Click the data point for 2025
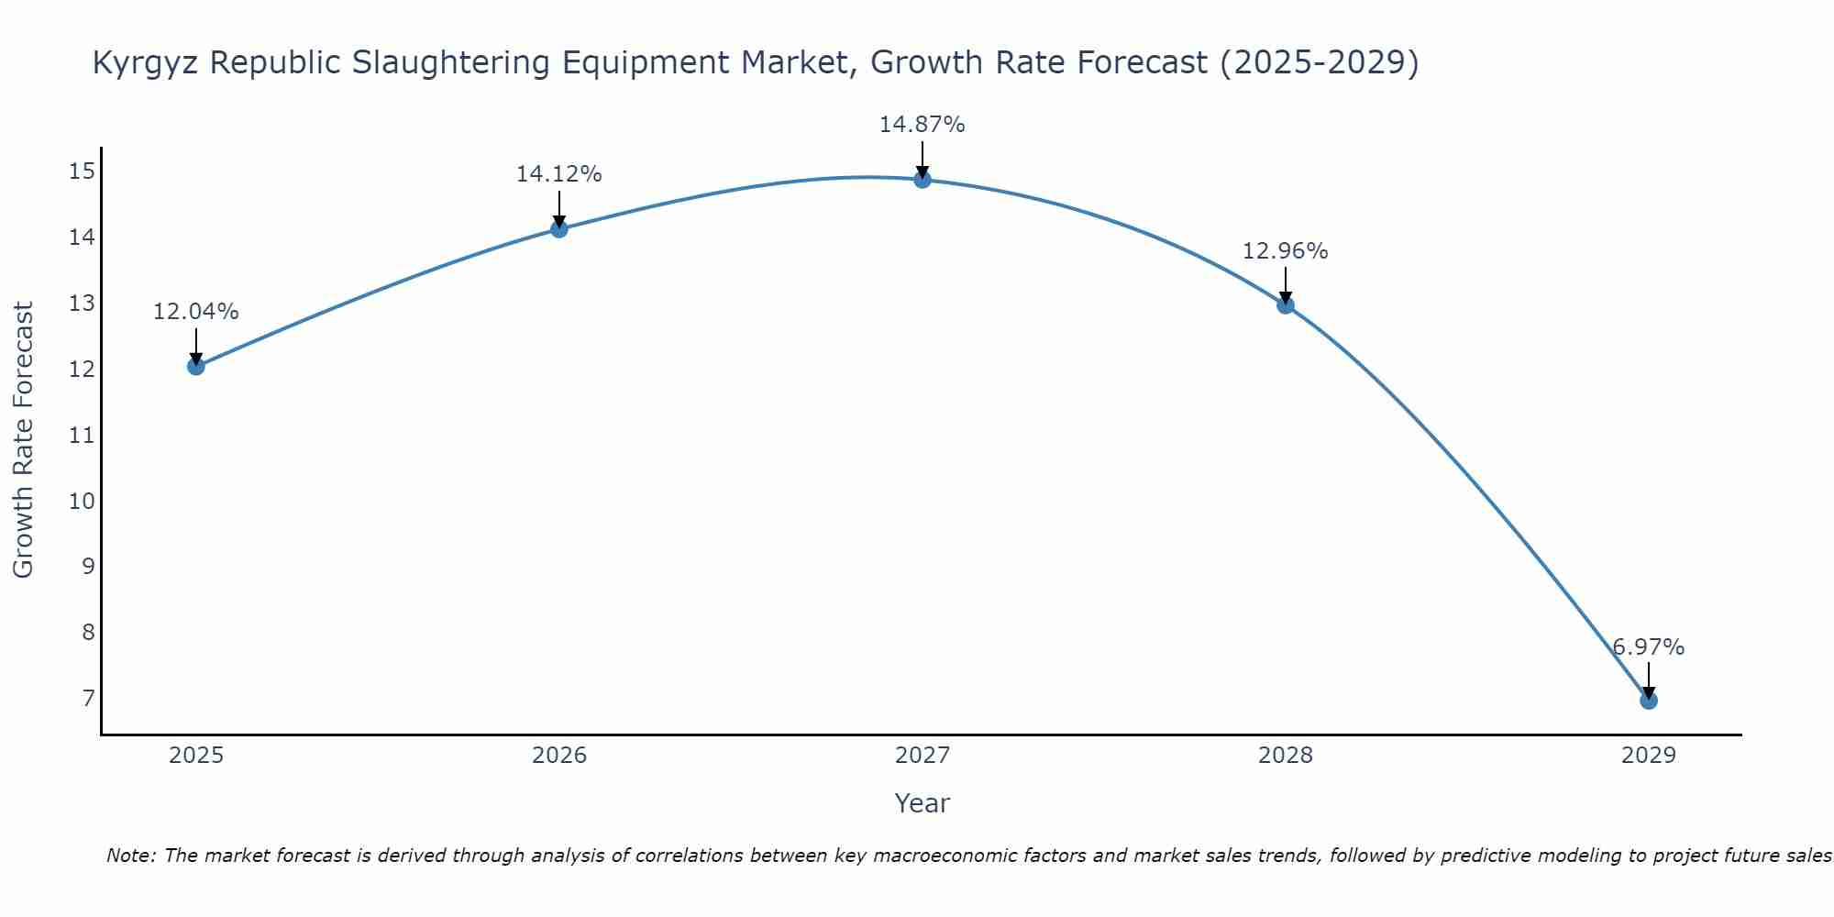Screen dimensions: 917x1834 195,367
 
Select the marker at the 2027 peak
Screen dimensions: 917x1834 923,180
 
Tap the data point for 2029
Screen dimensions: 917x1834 1648,701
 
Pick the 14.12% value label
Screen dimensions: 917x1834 558,174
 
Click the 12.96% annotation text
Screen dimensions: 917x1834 1285,251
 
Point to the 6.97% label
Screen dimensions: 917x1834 1648,647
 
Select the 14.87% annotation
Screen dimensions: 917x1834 922,125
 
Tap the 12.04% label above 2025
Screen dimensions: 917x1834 195,312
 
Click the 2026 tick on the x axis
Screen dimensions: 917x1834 559,756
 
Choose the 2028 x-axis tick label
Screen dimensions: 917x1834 1285,756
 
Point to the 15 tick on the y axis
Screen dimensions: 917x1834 82,171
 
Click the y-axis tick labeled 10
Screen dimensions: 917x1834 82,501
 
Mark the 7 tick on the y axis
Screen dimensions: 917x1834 88,699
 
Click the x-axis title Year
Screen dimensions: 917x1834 922,803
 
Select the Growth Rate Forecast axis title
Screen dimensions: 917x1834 24,440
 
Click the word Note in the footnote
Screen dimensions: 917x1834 130,856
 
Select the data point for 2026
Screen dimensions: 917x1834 558,228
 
